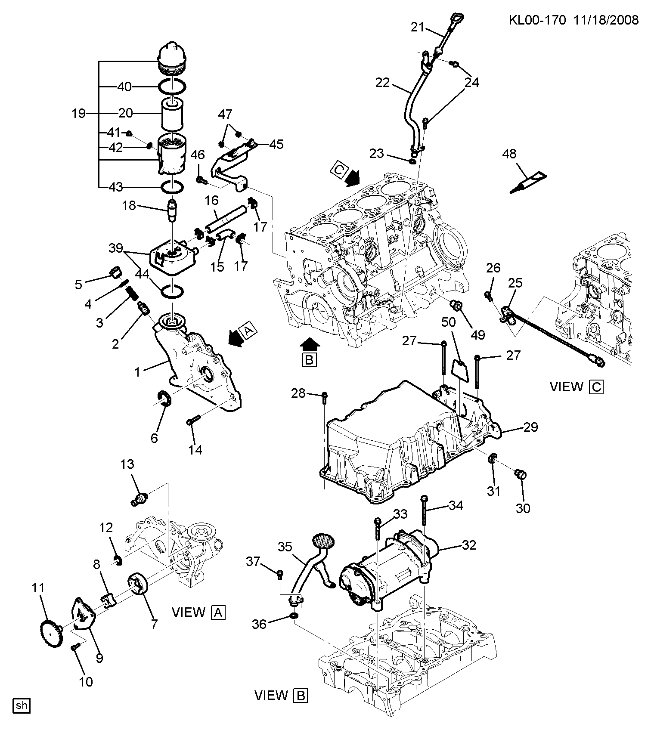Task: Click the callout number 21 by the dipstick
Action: (x=418, y=27)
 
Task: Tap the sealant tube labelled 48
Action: (x=528, y=182)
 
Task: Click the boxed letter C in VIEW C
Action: (x=597, y=387)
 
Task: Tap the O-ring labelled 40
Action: (x=173, y=86)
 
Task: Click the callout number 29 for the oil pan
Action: (x=530, y=427)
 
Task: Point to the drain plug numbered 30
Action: (x=521, y=474)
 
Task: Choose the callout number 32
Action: (x=468, y=545)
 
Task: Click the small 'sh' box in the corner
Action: (x=22, y=705)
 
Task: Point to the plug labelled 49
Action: (x=456, y=306)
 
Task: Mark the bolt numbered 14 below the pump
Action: (x=192, y=422)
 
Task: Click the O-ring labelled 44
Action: (x=172, y=291)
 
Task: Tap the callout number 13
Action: (x=127, y=464)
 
